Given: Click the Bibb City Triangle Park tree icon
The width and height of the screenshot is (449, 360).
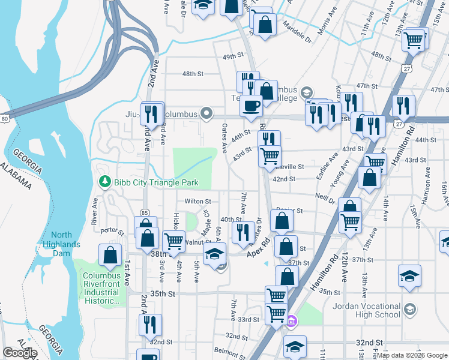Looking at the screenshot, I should click(x=105, y=181).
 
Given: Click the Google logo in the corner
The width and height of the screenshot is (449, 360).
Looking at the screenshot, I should click(x=20, y=352).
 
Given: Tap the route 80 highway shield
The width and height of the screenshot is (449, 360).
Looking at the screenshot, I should click(x=5, y=119).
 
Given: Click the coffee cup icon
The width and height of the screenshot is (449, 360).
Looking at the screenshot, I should click(x=250, y=106).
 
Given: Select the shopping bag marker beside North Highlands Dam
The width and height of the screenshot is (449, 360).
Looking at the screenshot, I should click(x=110, y=255).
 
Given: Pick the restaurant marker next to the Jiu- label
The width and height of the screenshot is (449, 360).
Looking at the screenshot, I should click(x=152, y=113).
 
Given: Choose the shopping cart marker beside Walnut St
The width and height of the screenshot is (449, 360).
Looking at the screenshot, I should click(x=173, y=241).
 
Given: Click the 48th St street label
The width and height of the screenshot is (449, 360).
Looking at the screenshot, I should click(x=193, y=74).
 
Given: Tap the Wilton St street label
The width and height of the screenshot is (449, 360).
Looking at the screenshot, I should click(x=198, y=202).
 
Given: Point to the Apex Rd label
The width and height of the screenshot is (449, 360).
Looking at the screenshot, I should click(x=260, y=254).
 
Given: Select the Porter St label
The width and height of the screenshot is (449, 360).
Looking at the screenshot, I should click(x=112, y=230).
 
